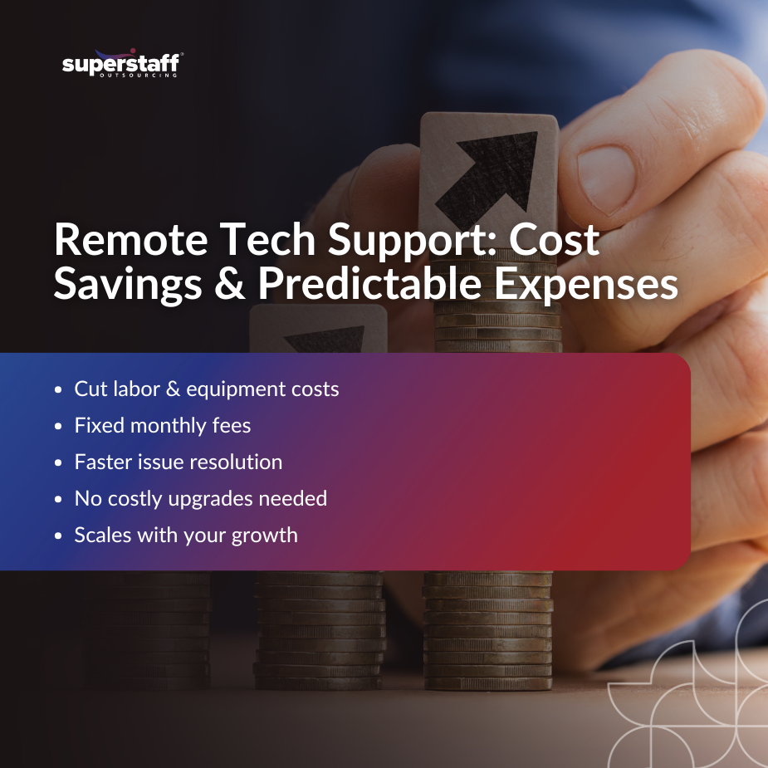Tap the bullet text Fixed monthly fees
point(163,426)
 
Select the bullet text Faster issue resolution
point(179,462)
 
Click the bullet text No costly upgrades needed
point(200,499)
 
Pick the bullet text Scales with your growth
point(186,536)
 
